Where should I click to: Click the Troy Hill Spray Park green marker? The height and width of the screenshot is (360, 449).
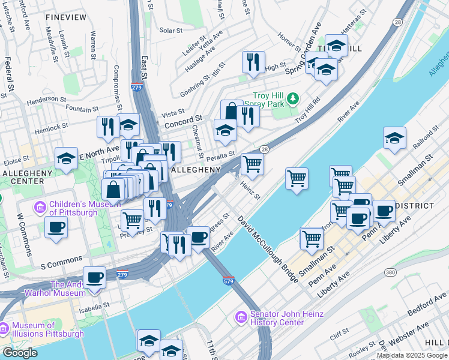point(292,98)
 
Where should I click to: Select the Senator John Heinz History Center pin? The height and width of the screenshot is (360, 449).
point(241,316)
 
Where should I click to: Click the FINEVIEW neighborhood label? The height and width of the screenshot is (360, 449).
point(67,18)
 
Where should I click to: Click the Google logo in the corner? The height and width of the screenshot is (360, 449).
point(20,353)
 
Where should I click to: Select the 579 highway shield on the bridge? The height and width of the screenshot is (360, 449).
point(228,280)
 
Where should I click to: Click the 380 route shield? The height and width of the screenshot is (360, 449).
point(390,272)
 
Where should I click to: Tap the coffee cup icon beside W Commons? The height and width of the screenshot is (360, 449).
point(56,227)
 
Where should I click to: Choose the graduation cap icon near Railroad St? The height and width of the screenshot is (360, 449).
point(394,137)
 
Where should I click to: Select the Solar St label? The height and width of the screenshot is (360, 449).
point(171,31)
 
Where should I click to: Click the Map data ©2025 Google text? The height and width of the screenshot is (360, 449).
point(412,355)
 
